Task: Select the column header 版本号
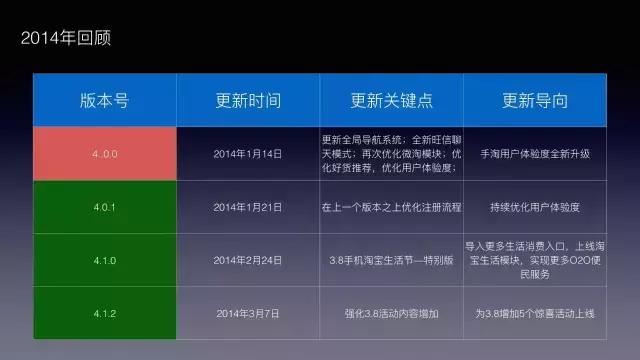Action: pyautogui.click(x=104, y=101)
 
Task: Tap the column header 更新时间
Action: pyautogui.click(x=248, y=101)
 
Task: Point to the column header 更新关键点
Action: pyautogui.click(x=392, y=101)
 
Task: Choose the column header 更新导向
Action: pyautogui.click(x=535, y=101)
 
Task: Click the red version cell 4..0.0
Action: pyautogui.click(x=104, y=154)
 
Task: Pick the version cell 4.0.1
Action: pyautogui.click(x=104, y=207)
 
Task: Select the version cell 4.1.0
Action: pyautogui.click(x=104, y=260)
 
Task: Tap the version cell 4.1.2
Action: pyautogui.click(x=104, y=313)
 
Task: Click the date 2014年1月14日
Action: pyautogui.click(x=248, y=154)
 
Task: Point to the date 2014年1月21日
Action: pyautogui.click(x=248, y=207)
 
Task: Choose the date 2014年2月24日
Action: pyautogui.click(x=248, y=260)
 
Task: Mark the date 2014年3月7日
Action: pyautogui.click(x=248, y=313)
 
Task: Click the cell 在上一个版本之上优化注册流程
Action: pyautogui.click(x=392, y=207)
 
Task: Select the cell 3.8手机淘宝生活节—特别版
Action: pyautogui.click(x=392, y=260)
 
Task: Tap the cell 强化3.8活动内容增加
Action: pyautogui.click(x=392, y=313)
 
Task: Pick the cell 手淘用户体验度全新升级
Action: pyautogui.click(x=535, y=154)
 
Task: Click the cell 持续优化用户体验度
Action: pyautogui.click(x=535, y=207)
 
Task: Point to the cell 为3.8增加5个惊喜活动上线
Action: pyautogui.click(x=535, y=313)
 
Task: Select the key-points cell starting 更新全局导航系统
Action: pyautogui.click(x=392, y=154)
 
